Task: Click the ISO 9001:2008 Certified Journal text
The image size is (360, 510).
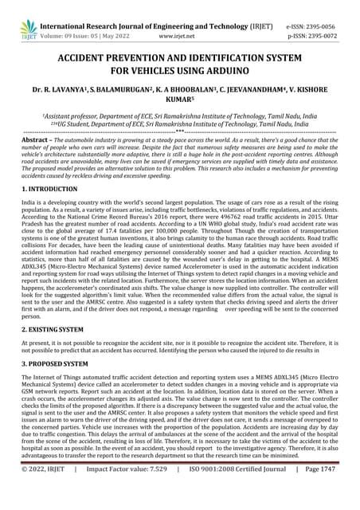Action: click(240, 492)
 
